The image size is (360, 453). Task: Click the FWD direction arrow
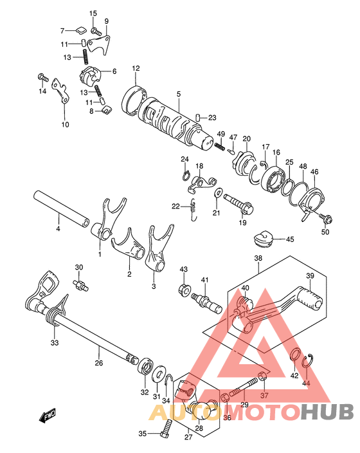(x=48, y=417)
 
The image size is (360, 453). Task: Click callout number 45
(x=290, y=239)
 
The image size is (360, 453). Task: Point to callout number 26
(x=99, y=363)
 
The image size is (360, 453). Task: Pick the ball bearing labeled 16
(x=273, y=178)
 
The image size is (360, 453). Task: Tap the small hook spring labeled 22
(x=194, y=210)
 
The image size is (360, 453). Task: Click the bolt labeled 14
(x=43, y=77)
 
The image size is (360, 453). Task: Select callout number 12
(x=136, y=68)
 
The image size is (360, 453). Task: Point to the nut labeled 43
(x=184, y=288)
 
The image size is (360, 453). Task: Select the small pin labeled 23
(x=197, y=118)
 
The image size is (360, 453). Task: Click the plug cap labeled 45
(x=263, y=239)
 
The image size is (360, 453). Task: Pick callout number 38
(x=258, y=258)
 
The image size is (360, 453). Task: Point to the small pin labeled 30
(x=80, y=285)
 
